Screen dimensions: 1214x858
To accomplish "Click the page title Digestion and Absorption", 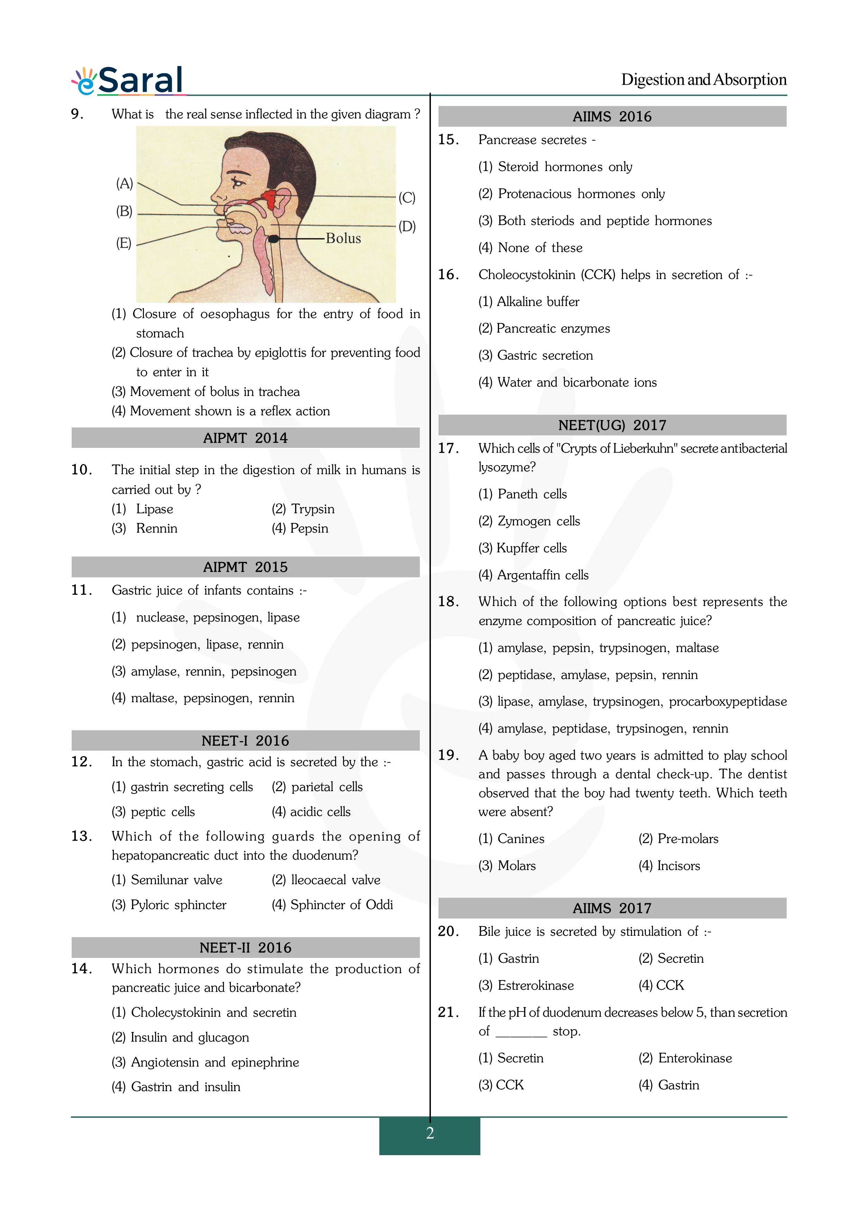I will click(x=703, y=80).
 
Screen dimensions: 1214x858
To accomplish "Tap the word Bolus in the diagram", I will click(x=343, y=238).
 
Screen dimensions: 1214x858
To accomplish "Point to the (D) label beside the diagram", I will click(x=407, y=226).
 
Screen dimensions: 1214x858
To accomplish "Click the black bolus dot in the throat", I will click(x=273, y=239).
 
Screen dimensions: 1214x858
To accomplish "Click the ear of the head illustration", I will click(x=282, y=201).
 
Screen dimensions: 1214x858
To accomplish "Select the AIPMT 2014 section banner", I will click(x=245, y=438).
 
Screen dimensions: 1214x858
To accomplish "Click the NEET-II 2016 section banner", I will click(x=245, y=948).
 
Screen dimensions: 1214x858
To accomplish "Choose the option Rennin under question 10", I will click(x=156, y=528).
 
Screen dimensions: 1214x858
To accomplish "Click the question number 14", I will click(x=81, y=969).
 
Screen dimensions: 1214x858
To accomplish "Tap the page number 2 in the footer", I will click(x=430, y=1133).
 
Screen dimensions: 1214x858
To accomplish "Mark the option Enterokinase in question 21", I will click(x=695, y=1058).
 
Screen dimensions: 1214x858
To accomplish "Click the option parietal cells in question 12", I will click(x=327, y=787).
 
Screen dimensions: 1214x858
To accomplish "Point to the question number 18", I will click(x=448, y=602).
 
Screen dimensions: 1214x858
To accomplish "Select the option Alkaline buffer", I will click(x=538, y=301).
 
